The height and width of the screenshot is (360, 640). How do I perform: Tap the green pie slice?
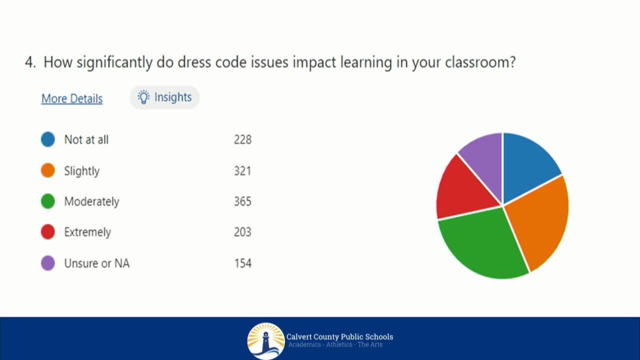tap(482, 242)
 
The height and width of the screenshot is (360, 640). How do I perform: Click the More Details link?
tap(72, 98)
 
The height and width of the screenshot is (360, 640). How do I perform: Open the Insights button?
tap(164, 97)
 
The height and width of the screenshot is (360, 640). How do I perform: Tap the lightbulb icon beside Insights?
tap(143, 97)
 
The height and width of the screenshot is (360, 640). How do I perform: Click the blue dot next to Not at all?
tap(48, 139)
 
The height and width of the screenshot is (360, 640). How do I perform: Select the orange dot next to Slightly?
tap(48, 170)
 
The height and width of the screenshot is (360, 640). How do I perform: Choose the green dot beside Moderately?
tap(48, 201)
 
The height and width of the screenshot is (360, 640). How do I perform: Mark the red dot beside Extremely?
tap(48, 232)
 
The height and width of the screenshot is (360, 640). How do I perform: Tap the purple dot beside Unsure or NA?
tap(48, 263)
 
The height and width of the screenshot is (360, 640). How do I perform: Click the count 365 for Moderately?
tap(242, 201)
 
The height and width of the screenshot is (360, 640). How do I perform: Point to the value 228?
tap(242, 139)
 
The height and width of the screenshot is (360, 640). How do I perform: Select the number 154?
tap(242, 263)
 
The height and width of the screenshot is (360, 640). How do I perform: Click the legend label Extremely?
tap(87, 232)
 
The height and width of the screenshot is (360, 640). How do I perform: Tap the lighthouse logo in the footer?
tap(266, 341)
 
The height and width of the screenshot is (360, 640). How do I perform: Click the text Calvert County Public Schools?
tap(339, 336)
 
